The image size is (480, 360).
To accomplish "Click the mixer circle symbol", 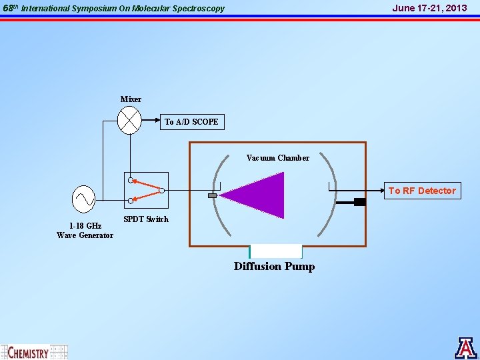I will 129,121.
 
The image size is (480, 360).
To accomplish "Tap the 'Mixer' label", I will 131,99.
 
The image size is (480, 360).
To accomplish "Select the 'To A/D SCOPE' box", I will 191,122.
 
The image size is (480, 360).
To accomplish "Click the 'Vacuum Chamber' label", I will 277,158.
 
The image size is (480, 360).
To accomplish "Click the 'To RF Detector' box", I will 423,191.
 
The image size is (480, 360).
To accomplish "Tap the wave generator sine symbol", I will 84,197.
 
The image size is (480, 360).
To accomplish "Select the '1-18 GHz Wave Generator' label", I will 85,231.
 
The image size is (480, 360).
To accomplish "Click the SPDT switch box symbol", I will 147,190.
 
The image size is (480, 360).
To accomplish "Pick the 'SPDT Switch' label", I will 146,219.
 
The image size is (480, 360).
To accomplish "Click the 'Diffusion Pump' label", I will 274,267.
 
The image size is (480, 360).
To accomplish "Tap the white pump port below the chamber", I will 275,251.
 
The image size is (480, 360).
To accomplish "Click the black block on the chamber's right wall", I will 360,202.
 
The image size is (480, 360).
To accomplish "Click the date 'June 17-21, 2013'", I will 429,8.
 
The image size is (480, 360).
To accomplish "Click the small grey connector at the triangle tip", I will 213,195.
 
